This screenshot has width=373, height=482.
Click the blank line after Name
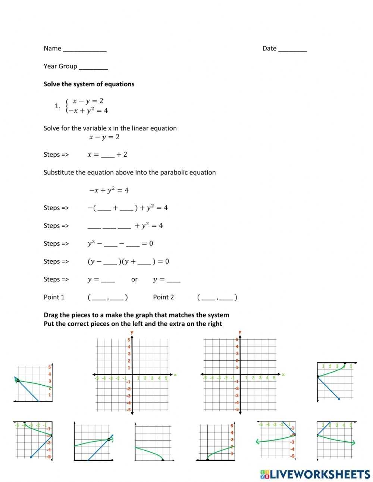[85, 49]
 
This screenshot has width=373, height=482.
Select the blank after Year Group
[93, 67]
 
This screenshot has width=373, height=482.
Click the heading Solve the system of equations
[89, 84]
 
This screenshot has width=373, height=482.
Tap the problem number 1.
[57, 106]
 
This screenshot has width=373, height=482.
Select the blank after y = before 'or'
[108, 280]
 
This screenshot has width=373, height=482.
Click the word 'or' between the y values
[134, 279]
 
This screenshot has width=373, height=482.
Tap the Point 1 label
[54, 297]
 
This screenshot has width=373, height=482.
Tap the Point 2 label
[163, 297]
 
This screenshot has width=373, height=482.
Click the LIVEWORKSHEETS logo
[315, 474]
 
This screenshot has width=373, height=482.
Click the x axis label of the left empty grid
[175, 374]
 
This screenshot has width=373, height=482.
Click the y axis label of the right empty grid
[239, 332]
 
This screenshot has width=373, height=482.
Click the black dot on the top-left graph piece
[18, 380]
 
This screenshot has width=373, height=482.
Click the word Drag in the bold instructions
[51, 315]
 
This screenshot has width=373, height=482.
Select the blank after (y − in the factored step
[110, 262]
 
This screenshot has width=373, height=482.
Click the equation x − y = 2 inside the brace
[88, 101]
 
